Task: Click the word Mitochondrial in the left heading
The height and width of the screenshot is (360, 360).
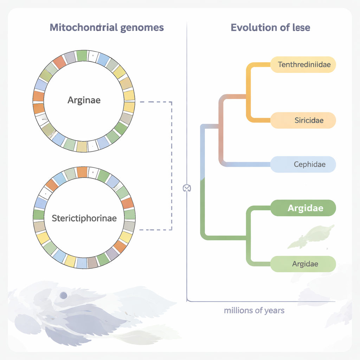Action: pyautogui.click(x=83, y=27)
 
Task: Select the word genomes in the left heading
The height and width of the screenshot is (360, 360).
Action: pyautogui.click(x=142, y=27)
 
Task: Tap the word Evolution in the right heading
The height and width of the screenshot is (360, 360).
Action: pyautogui.click(x=251, y=27)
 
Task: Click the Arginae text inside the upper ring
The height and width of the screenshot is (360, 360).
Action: pyautogui.click(x=84, y=100)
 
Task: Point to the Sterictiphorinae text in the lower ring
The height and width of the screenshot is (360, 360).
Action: pyautogui.click(x=84, y=218)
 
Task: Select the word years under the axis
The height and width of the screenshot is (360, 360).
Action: pyautogui.click(x=274, y=311)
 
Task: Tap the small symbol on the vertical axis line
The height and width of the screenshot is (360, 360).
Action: pyautogui.click(x=187, y=188)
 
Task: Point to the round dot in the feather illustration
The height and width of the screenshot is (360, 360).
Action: pyautogui.click(x=63, y=295)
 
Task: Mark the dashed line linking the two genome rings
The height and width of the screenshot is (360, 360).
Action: pyautogui.click(x=172, y=165)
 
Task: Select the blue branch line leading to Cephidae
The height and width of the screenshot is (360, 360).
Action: pyautogui.click(x=246, y=164)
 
